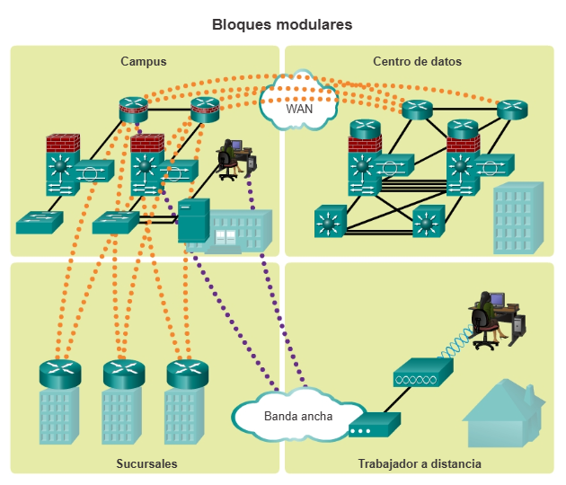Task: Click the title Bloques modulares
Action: (x=282, y=24)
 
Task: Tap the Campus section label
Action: (x=144, y=62)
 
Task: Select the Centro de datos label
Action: (x=417, y=62)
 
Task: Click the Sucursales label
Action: (x=146, y=464)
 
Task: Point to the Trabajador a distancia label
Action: (x=419, y=464)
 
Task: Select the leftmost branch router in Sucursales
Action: (x=60, y=370)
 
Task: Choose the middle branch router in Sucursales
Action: (x=123, y=370)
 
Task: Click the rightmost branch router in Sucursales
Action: (x=187, y=370)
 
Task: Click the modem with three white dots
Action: (x=374, y=427)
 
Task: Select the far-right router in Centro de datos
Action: (x=512, y=110)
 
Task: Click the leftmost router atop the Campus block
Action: (x=133, y=110)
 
